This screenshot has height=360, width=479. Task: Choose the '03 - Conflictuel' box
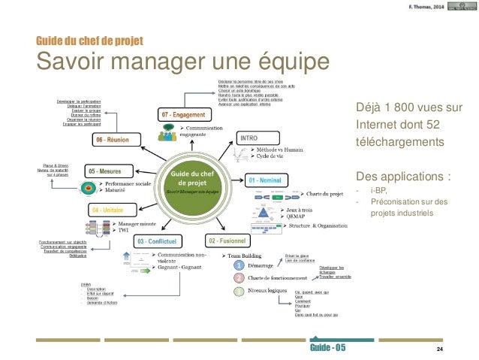(158, 241)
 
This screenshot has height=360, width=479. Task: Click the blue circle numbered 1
(237, 265)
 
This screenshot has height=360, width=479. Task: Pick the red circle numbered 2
(237, 278)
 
